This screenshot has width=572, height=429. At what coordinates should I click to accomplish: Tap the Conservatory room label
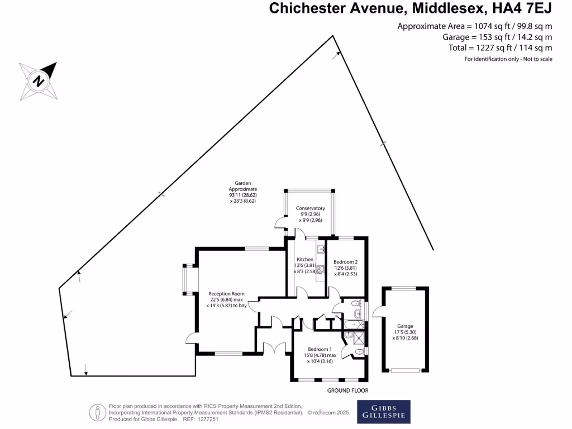[311, 208]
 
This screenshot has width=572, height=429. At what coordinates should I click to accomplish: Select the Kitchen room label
[305, 260]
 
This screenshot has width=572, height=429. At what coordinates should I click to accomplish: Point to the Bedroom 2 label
[345, 262]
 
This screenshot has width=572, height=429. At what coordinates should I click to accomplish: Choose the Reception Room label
[226, 294]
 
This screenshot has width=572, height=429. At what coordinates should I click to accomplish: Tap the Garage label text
[405, 326]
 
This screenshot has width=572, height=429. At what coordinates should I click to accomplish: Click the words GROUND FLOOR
[347, 390]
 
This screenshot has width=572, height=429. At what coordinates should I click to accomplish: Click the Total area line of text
[500, 48]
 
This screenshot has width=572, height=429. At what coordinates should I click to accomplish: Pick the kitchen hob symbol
[321, 270]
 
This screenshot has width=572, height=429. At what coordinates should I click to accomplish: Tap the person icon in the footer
[98, 412]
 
